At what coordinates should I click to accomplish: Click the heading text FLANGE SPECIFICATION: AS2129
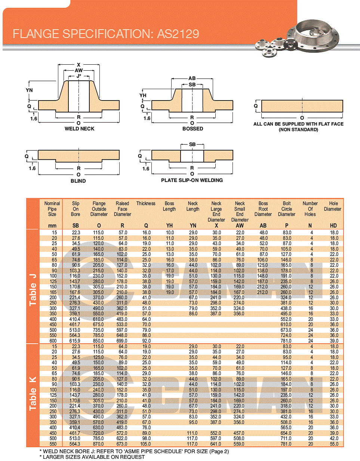pos(106,34)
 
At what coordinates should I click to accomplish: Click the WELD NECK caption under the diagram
pos(79,129)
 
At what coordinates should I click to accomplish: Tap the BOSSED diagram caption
pos(193,129)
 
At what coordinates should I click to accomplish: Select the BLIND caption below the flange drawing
pos(78,181)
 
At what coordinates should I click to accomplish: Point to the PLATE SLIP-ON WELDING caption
pos(192,180)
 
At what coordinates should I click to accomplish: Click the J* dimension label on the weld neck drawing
pos(79,76)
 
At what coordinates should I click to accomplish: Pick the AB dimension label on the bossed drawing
pos(192,79)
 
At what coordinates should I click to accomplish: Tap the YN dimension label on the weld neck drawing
pos(29,90)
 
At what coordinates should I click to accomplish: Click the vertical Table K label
pos(33,393)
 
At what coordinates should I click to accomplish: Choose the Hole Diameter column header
pos(333,206)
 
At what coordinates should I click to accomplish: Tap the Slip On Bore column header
pos(76,209)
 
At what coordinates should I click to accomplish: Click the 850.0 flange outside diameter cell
pos(98,341)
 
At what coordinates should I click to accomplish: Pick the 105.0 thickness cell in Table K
pos(146,444)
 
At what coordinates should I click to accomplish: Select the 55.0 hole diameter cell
pos(334,444)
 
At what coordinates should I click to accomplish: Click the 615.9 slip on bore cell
pos(75,341)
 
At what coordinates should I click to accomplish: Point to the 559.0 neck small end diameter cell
pos(239,444)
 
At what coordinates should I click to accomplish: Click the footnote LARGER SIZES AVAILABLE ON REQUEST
pos(93,457)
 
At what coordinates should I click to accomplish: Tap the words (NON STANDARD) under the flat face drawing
pos(298,130)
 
